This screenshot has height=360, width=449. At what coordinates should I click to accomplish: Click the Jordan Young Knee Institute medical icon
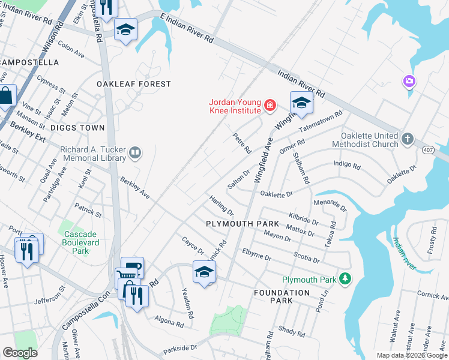click(x=270, y=106)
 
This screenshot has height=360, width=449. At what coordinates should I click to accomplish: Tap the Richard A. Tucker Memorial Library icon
click(x=136, y=154)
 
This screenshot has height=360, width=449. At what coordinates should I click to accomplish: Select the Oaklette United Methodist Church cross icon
click(x=407, y=139)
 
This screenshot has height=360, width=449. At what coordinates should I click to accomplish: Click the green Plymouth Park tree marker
click(x=345, y=278)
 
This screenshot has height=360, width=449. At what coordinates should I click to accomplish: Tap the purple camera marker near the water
click(x=409, y=80)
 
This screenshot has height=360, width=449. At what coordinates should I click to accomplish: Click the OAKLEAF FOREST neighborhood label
click(x=134, y=85)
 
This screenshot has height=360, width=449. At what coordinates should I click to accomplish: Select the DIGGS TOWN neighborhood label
click(x=77, y=128)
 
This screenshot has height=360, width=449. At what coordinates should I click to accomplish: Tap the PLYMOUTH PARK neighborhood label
click(x=242, y=224)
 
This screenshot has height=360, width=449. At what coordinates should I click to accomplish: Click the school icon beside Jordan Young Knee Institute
click(x=301, y=103)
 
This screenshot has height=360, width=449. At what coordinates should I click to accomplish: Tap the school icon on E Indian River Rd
click(x=125, y=29)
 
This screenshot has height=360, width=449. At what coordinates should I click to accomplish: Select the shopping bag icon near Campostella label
click(x=5, y=96)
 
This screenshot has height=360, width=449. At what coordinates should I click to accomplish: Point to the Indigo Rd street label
click(x=347, y=166)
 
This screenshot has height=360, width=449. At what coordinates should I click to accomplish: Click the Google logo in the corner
click(x=19, y=353)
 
